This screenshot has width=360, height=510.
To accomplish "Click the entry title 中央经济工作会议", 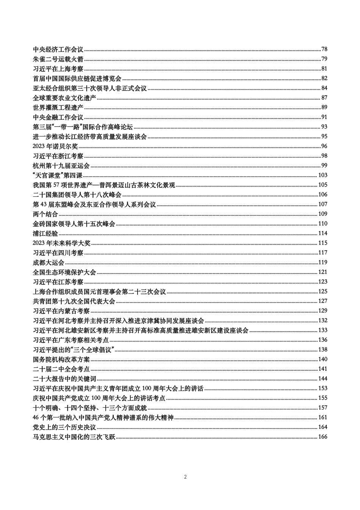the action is tap(58, 49).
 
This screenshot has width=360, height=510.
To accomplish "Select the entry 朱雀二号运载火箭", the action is tap(58, 59).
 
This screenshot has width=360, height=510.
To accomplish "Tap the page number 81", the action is tap(324, 69).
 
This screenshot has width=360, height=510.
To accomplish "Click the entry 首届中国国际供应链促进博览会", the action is tap(77, 78).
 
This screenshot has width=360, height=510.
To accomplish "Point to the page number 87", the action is tap(324, 98).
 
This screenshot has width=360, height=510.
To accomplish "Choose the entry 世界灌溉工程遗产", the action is tap(58, 107).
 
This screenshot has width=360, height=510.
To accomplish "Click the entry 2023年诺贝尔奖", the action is tap(55, 146).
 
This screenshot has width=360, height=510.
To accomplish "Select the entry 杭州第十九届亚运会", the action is tap(61, 166).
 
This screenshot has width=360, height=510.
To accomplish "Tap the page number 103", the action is tap(322, 175).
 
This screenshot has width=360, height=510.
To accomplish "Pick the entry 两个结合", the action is tap(45, 214).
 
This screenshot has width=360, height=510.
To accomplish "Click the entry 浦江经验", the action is tap(45, 234).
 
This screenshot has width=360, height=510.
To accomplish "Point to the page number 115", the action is tap(322, 243).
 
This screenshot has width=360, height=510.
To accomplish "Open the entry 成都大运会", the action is tap(49, 262).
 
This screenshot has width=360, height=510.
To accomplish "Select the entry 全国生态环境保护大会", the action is tap(64, 272).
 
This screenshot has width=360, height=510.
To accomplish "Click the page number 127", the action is tap(322, 301).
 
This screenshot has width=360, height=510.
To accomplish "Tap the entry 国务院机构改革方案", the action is tap(61, 359).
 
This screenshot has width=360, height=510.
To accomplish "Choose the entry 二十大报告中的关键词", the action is tap(64, 379).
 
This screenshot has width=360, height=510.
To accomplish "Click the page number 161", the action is tap(322, 417).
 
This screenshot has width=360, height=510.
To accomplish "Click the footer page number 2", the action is tap(185, 477).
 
